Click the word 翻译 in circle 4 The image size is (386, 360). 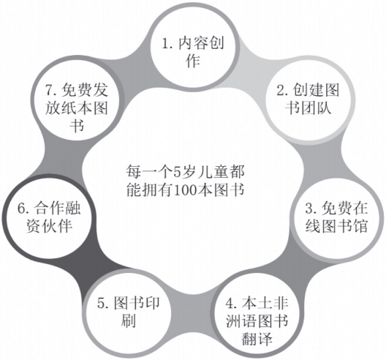(257, 339)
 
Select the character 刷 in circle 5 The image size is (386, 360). (128, 320)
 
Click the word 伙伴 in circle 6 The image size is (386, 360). (57, 225)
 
